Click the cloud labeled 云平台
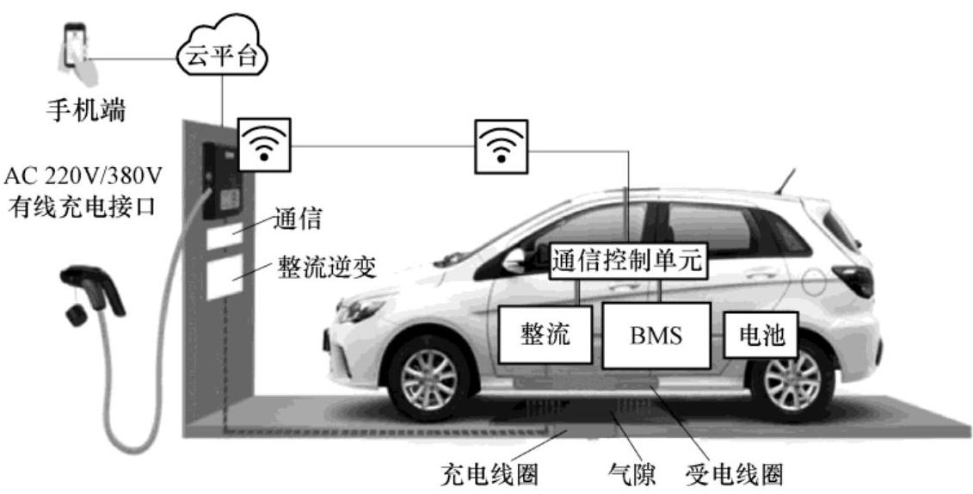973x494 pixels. (222, 57)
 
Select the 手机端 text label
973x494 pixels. (84, 111)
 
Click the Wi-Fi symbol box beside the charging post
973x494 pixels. (263, 145)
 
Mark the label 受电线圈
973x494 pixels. (735, 474)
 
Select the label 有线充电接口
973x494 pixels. (83, 207)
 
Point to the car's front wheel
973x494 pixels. (428, 379)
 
